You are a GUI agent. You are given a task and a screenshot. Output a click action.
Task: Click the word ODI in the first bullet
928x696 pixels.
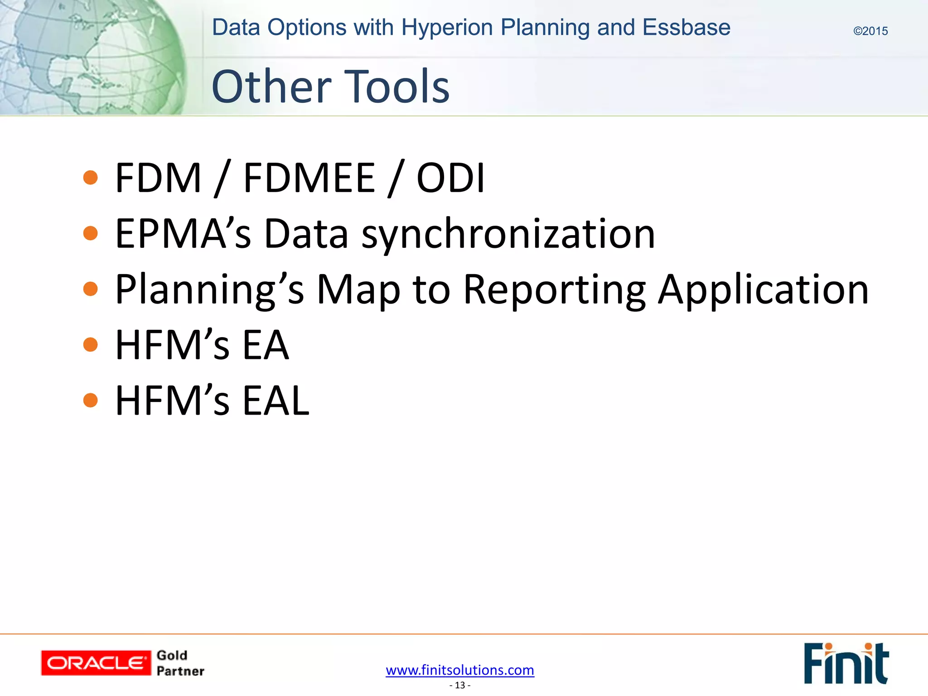click(x=450, y=178)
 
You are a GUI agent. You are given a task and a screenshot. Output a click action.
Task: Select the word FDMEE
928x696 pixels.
click(x=309, y=178)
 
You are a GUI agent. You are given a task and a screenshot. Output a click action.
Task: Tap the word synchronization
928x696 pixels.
click(x=508, y=234)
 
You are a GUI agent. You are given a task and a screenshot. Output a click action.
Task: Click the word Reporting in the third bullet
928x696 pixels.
click(x=555, y=290)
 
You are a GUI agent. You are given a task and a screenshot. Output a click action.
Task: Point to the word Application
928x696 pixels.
click(x=763, y=290)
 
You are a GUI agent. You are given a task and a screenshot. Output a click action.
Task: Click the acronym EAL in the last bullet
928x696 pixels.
click(x=276, y=401)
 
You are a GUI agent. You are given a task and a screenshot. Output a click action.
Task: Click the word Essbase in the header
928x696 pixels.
click(x=686, y=28)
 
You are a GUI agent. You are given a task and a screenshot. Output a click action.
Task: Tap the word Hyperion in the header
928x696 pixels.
click(x=447, y=28)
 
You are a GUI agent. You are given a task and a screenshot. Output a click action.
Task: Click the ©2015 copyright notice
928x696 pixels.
click(x=870, y=31)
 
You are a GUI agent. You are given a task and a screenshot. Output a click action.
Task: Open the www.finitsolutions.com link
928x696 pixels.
click(x=460, y=670)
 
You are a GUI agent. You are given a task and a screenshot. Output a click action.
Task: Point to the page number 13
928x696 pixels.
click(x=460, y=685)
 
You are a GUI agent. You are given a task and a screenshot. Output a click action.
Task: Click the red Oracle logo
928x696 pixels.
click(x=96, y=663)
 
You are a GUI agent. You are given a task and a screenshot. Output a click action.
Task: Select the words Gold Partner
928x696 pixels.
click(x=180, y=663)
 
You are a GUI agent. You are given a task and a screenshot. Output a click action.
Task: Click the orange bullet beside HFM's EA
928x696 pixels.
click(x=91, y=345)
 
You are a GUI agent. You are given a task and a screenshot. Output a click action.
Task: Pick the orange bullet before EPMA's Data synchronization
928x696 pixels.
click(x=91, y=233)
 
